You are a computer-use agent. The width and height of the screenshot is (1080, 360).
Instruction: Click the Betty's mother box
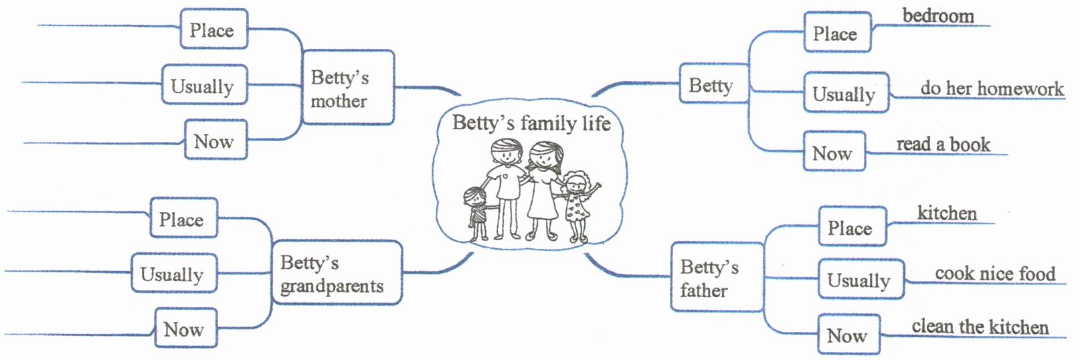(x=347, y=88)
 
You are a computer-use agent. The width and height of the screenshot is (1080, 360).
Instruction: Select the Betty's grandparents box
(x=337, y=274)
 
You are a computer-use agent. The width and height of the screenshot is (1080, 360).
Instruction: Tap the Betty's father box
(x=717, y=278)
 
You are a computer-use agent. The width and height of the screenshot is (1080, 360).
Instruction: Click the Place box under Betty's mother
(x=213, y=29)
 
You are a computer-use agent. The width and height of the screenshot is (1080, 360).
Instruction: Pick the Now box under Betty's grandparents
(x=185, y=329)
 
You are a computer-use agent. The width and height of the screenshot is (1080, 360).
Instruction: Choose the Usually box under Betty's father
(x=861, y=280)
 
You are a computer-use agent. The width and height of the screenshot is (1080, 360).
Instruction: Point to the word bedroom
(x=937, y=16)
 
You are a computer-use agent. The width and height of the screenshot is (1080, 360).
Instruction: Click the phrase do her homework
(x=991, y=88)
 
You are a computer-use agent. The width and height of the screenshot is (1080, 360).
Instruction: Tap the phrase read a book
(x=943, y=145)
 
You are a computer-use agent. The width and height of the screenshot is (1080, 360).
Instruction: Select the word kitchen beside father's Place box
(x=946, y=213)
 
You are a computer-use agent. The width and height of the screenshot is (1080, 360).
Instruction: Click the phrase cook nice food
(x=994, y=274)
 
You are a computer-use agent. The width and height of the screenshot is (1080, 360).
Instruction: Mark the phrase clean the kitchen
(x=980, y=327)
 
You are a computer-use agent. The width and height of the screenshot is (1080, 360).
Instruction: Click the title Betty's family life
(x=531, y=123)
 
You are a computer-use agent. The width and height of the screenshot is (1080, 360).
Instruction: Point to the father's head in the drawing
(x=507, y=153)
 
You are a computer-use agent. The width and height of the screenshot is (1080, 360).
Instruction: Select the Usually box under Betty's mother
(x=203, y=85)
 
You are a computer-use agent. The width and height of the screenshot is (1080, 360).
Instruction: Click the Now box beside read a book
(x=833, y=152)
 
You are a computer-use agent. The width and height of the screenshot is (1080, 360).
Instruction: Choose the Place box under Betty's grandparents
(x=183, y=218)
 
